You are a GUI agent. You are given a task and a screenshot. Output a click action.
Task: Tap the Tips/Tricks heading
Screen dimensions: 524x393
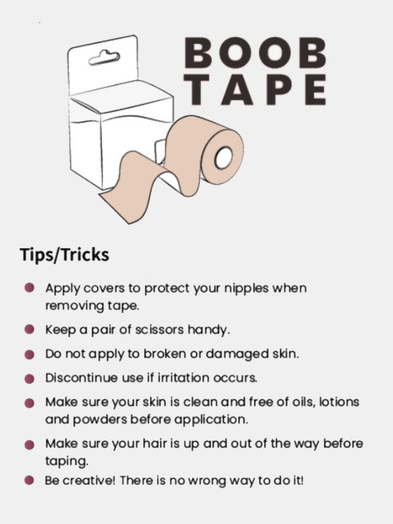point(65,255)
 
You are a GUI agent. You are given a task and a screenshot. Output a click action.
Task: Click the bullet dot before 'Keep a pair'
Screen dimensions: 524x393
point(29,330)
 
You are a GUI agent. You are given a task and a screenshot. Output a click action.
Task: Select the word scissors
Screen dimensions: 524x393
point(159,330)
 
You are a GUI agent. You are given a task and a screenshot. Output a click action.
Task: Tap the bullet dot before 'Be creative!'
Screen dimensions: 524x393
point(29,480)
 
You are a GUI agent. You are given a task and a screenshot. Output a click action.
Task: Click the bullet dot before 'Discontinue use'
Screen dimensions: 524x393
point(29,379)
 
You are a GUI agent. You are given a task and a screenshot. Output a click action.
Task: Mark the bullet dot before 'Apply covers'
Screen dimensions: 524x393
point(29,289)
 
